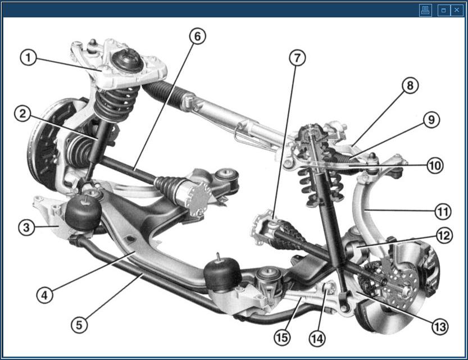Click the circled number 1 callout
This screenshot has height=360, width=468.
(28, 57)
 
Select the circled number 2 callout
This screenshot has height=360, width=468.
(22, 114)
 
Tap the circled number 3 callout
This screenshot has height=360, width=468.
(26, 227)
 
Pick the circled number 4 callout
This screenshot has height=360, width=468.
(44, 295)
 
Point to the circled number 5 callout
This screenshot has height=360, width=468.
(79, 325)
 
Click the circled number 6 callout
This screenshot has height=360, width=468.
(198, 36)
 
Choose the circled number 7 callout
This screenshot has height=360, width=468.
(298, 57)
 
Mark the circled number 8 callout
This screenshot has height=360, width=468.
(410, 85)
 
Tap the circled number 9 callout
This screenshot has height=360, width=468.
(431, 120)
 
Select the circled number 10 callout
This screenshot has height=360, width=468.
(435, 165)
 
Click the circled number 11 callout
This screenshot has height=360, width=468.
(443, 212)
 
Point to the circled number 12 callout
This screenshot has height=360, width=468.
(444, 235)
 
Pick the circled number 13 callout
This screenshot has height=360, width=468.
(440, 327)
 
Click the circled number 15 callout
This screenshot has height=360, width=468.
(283, 338)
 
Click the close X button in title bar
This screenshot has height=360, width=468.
(457, 10)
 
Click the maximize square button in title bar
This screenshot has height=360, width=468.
(443, 10)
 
